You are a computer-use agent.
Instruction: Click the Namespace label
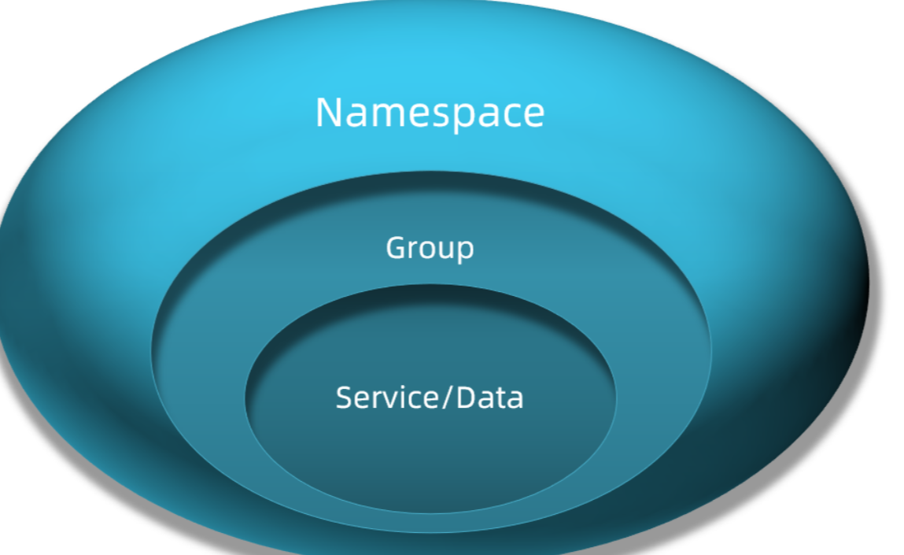pyautogui.click(x=430, y=113)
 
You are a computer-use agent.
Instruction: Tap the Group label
pyautogui.click(x=430, y=248)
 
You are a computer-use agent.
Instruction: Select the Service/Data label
pyautogui.click(x=430, y=397)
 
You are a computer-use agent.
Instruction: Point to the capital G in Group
pyautogui.click(x=396, y=248)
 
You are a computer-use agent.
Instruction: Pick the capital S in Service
pyautogui.click(x=344, y=397)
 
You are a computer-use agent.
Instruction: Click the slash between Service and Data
pyautogui.click(x=448, y=398)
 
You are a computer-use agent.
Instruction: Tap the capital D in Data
pyautogui.click(x=467, y=397)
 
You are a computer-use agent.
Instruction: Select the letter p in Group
pyautogui.click(x=465, y=251)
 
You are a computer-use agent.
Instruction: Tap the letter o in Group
pyautogui.click(x=426, y=250)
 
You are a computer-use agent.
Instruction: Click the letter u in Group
pyautogui.click(x=445, y=250)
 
